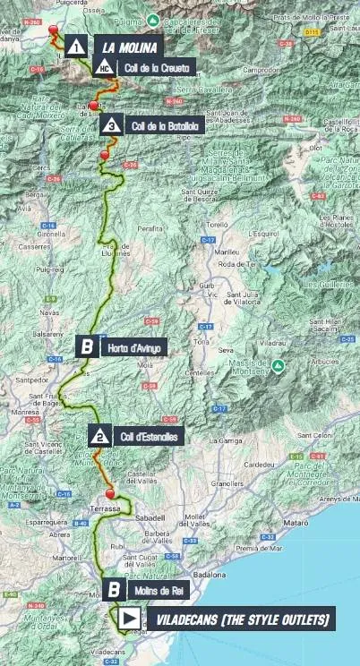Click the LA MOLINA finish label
coord(129,47)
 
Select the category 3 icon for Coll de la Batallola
coord(111,126)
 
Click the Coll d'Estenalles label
coord(150,437)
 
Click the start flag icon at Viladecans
coord(129,619)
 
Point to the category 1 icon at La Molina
coord(78,47)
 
